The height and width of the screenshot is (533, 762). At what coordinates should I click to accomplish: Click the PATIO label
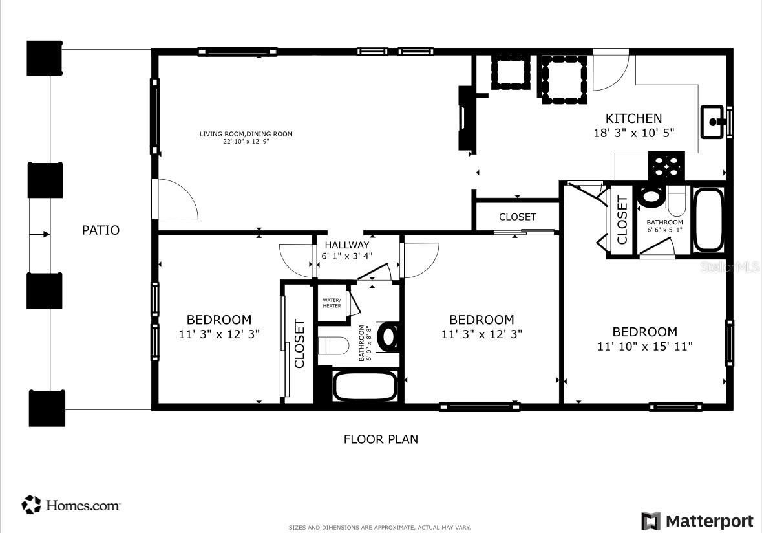pyautogui.click(x=100, y=230)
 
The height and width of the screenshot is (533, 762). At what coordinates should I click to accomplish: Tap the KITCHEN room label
pyautogui.click(x=633, y=118)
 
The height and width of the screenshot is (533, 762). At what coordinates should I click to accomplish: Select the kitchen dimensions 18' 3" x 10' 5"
pyautogui.click(x=633, y=133)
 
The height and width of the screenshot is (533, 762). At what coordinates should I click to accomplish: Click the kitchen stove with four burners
pyautogui.click(x=666, y=166)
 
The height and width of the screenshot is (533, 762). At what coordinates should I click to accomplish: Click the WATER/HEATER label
pyautogui.click(x=332, y=303)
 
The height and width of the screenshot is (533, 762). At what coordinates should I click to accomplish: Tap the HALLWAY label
pyautogui.click(x=346, y=245)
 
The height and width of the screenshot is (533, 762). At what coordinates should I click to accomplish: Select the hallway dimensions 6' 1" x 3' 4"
pyautogui.click(x=346, y=256)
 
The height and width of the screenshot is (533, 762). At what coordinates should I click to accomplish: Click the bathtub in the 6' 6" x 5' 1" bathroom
pyautogui.click(x=708, y=219)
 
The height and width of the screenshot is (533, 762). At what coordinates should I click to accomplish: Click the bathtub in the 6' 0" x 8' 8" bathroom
pyautogui.click(x=364, y=387)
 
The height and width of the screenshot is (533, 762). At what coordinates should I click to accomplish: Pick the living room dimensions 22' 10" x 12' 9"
pyautogui.click(x=246, y=141)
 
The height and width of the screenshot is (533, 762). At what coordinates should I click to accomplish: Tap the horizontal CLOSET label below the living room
pyautogui.click(x=517, y=217)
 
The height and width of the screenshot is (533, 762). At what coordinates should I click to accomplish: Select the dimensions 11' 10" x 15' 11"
pyautogui.click(x=644, y=347)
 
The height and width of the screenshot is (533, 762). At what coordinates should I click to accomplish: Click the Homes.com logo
pyautogui.click(x=71, y=505)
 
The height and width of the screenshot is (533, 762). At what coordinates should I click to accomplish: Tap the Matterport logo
pyautogui.click(x=697, y=521)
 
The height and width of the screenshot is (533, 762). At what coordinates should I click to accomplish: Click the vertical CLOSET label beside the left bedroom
pyautogui.click(x=299, y=344)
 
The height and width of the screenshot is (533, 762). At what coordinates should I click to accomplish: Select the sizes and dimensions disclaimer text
pyautogui.click(x=379, y=528)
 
